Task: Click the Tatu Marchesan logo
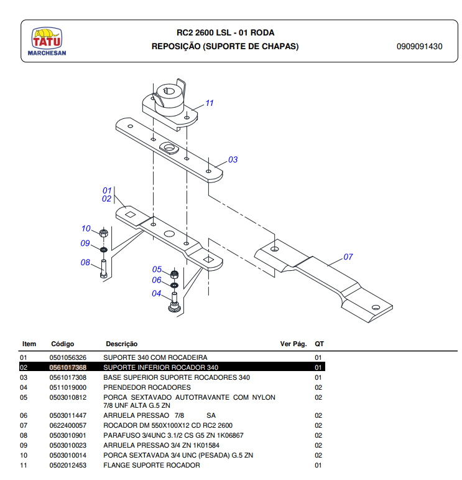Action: coord(47,42)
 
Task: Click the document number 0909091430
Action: coord(419,47)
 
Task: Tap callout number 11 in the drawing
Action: coord(210,103)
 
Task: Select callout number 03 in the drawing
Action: coord(233,160)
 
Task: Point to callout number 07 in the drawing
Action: coord(348,256)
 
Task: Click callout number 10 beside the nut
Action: coord(86,228)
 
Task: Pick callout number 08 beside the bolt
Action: coord(86,262)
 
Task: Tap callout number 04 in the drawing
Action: coord(157,293)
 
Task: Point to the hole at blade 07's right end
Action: coord(375,307)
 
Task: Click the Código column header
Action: coord(62,344)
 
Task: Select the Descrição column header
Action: coord(121,344)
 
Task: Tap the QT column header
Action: coord(319,344)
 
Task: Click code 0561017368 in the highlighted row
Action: coord(68,367)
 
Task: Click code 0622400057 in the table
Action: coord(68,425)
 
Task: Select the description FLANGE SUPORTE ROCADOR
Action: coord(151,465)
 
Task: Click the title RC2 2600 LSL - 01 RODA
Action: coord(225,33)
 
